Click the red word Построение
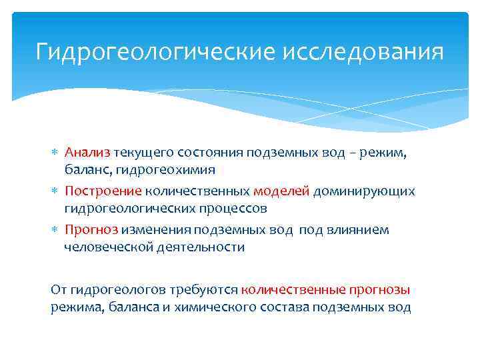(103, 191)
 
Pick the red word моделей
(281, 191)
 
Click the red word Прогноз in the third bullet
(91, 229)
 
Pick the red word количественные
(293, 290)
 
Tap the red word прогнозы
(379, 290)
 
